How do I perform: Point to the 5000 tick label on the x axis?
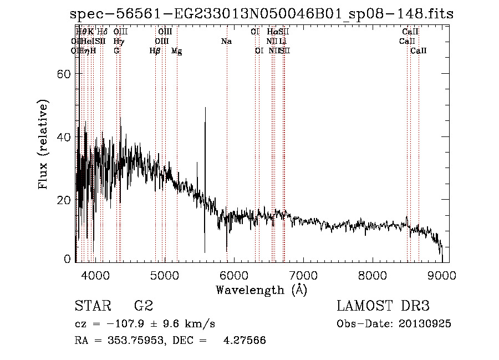(x=164, y=275)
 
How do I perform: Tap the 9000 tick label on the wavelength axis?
(x=442, y=275)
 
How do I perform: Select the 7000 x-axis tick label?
(x=303, y=275)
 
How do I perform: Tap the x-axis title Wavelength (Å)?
(x=261, y=290)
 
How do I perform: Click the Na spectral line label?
(x=226, y=41)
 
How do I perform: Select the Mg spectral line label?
(x=176, y=51)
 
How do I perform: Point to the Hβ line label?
(x=155, y=50)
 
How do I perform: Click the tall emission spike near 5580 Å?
(x=205, y=111)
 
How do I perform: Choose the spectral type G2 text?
(x=144, y=306)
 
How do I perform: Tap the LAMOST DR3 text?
(x=383, y=306)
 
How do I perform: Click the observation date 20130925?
(x=423, y=323)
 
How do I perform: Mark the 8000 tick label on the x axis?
(x=373, y=275)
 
